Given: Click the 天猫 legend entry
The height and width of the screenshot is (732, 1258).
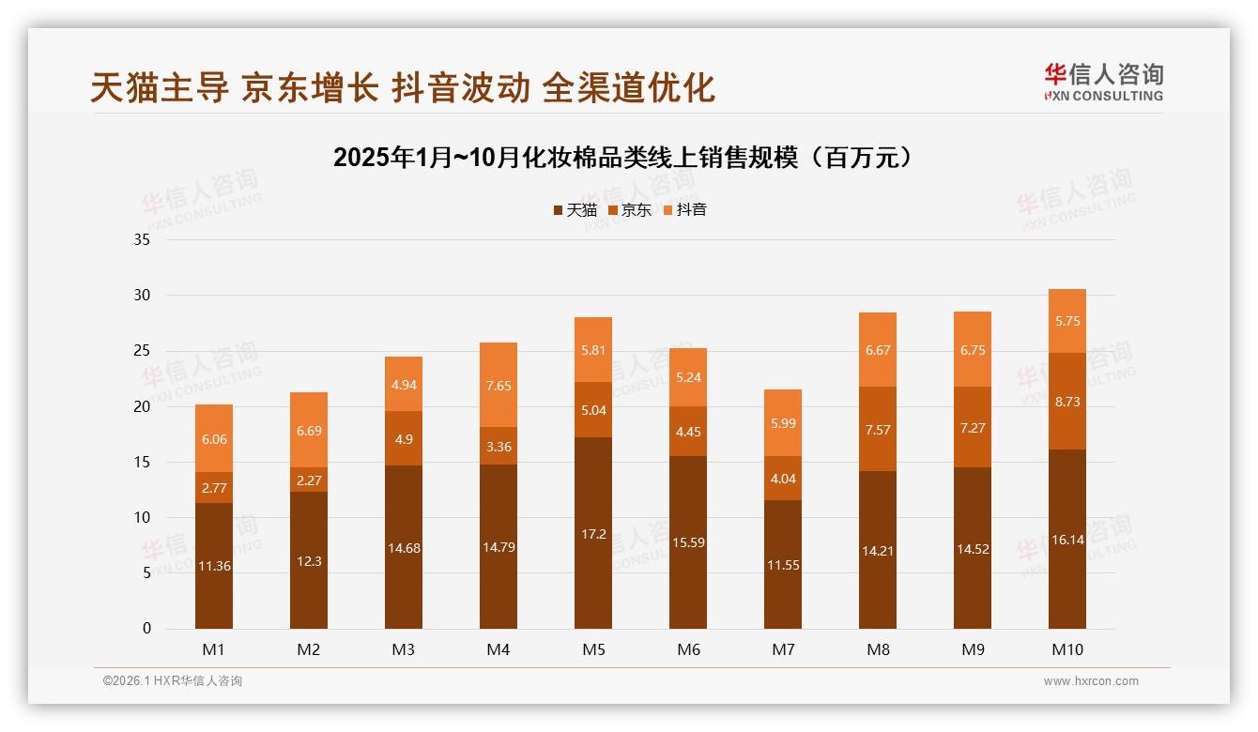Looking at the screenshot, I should (x=575, y=210).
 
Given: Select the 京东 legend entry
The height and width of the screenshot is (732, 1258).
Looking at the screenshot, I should (x=630, y=210).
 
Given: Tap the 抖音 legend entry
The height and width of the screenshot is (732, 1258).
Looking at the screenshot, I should (x=685, y=210).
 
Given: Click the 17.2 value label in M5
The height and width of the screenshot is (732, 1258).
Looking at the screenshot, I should (x=593, y=534).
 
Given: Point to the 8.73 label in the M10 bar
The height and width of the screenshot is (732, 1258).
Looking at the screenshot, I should (x=1067, y=401).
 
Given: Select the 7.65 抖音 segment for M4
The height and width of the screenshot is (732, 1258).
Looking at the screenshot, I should (x=499, y=385).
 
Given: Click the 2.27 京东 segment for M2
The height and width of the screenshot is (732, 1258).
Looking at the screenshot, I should (x=309, y=480).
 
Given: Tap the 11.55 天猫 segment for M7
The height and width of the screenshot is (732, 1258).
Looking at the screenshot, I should (x=783, y=565).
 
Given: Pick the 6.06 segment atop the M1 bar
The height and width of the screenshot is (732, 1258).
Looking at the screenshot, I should (x=214, y=438).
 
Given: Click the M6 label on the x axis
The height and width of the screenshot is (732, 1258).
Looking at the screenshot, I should (x=688, y=649).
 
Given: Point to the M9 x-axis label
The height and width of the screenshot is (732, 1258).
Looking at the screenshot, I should (x=973, y=649).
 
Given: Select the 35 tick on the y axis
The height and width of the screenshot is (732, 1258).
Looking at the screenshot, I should (x=142, y=239).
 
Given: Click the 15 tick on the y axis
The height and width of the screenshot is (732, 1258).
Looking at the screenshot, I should (x=142, y=462).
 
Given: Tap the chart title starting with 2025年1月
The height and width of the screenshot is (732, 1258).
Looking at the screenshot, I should (x=623, y=157).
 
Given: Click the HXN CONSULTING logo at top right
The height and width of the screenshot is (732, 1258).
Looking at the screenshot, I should (x=1103, y=83).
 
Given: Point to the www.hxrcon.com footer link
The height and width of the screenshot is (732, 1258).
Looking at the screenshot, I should (x=1091, y=681).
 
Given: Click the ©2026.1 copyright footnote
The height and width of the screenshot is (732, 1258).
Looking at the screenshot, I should (x=173, y=681).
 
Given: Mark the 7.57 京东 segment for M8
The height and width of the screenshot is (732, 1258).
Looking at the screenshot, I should (x=878, y=430).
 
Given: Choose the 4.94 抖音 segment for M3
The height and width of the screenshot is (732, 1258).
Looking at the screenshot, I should (x=404, y=384).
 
